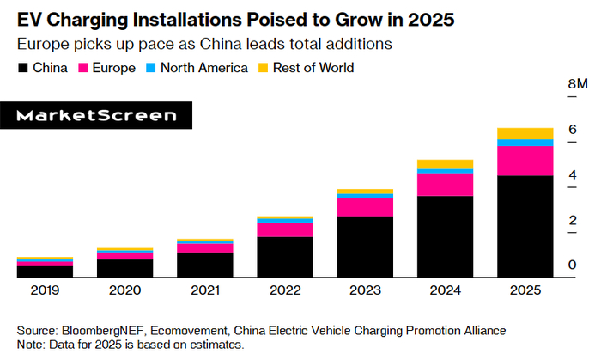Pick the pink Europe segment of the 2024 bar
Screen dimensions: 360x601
[x=445, y=185]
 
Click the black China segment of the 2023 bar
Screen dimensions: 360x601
[x=365, y=247]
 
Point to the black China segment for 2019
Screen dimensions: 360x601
[x=45, y=272]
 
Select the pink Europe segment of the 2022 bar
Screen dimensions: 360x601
[x=285, y=229]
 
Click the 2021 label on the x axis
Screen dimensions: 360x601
[x=205, y=291]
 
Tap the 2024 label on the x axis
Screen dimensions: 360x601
[x=445, y=291]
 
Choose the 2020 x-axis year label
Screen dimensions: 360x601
[x=125, y=291]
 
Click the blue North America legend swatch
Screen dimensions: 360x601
[x=151, y=67]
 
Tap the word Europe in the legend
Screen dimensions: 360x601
[x=114, y=67]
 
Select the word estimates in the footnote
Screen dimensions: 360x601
[x=216, y=345]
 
